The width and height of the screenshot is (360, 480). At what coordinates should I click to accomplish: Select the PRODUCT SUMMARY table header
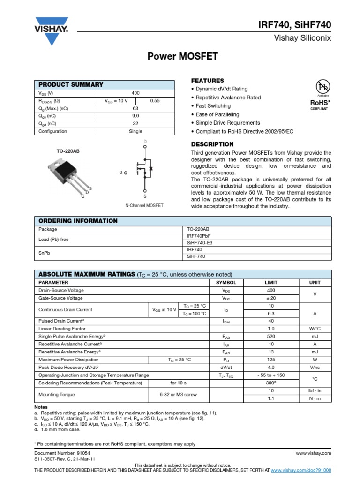click(x=71, y=84)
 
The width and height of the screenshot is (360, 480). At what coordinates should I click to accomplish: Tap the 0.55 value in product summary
click(x=155, y=101)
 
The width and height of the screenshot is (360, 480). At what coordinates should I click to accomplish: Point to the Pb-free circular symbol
click(x=323, y=87)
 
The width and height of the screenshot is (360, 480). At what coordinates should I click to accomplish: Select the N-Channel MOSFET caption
click(x=145, y=206)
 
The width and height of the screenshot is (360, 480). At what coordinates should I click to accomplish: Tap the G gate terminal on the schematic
click(x=121, y=172)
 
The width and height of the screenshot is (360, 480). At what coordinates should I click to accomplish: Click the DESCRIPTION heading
click(x=212, y=144)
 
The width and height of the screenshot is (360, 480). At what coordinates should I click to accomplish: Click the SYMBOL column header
click(x=226, y=283)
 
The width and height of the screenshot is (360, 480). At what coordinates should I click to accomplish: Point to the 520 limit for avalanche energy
click(x=271, y=337)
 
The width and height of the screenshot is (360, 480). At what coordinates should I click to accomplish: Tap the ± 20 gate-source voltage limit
click(x=271, y=298)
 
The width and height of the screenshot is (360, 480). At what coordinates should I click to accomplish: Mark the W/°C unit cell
click(x=315, y=329)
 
